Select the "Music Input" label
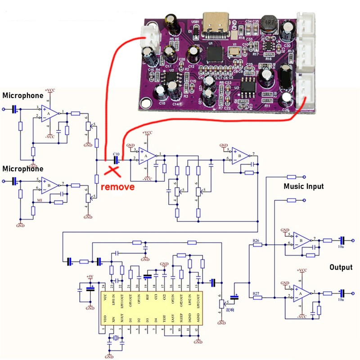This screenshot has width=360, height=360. (x=303, y=186)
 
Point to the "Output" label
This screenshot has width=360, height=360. (x=341, y=267)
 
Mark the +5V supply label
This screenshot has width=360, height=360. (x=90, y=276)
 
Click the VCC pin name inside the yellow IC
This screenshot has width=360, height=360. (x=104, y=298)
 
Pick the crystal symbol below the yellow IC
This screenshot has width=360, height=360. (x=116, y=339)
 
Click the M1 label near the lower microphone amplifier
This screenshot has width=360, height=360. (x=40, y=199)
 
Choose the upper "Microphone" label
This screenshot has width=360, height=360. (x=22, y=95)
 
